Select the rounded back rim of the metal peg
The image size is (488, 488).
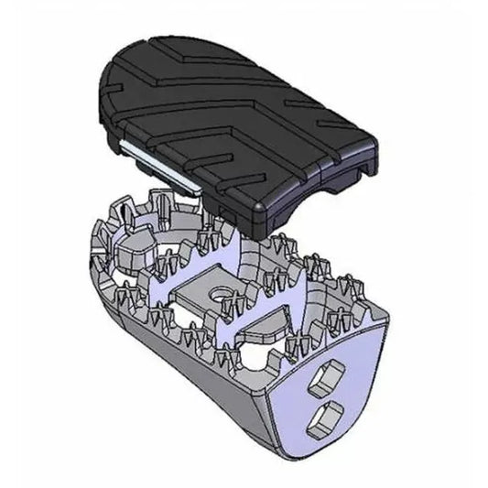[x=101, y=238]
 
